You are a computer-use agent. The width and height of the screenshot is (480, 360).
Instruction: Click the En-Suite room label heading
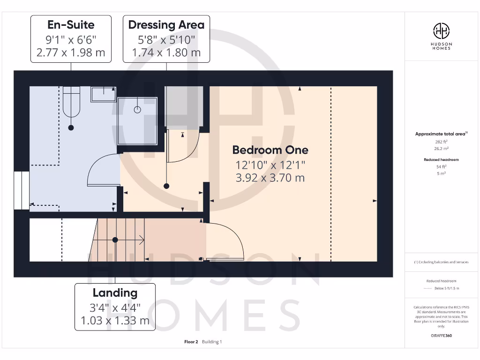[x=71, y=24]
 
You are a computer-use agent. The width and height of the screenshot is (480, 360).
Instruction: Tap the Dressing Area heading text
[x=166, y=24]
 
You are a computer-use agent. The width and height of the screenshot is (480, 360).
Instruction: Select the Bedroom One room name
[x=270, y=150]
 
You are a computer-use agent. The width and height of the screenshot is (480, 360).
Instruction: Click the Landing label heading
[x=115, y=293]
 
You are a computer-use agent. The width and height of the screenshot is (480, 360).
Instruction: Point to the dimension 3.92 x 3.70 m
[x=270, y=178]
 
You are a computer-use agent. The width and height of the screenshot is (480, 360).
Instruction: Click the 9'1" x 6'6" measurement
[x=71, y=39]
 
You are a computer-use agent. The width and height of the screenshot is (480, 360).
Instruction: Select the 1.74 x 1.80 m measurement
[x=166, y=52]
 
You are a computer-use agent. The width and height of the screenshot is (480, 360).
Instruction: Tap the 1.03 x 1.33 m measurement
[x=115, y=321]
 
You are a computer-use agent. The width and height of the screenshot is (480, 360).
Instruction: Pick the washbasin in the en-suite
[x=104, y=94]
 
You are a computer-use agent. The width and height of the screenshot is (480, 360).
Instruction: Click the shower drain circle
[x=137, y=110]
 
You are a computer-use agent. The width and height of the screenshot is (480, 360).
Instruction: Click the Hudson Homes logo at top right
[x=441, y=36]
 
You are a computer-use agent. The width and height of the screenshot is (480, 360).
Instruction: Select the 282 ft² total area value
[x=441, y=141]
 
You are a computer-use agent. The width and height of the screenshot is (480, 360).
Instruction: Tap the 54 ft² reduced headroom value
[x=441, y=166]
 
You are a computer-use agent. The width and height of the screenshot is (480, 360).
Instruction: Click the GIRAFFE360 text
[x=441, y=336]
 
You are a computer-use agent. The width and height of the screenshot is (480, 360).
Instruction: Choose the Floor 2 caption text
[x=191, y=342]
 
